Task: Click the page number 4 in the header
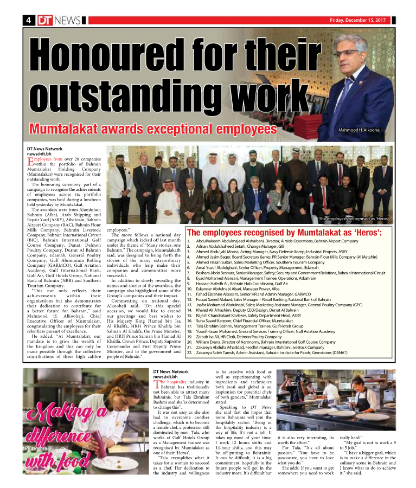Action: (27, 20)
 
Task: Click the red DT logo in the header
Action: (44, 20)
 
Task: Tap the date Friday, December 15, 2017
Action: (357, 20)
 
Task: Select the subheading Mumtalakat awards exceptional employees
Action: (153, 130)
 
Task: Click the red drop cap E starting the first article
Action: (30, 160)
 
